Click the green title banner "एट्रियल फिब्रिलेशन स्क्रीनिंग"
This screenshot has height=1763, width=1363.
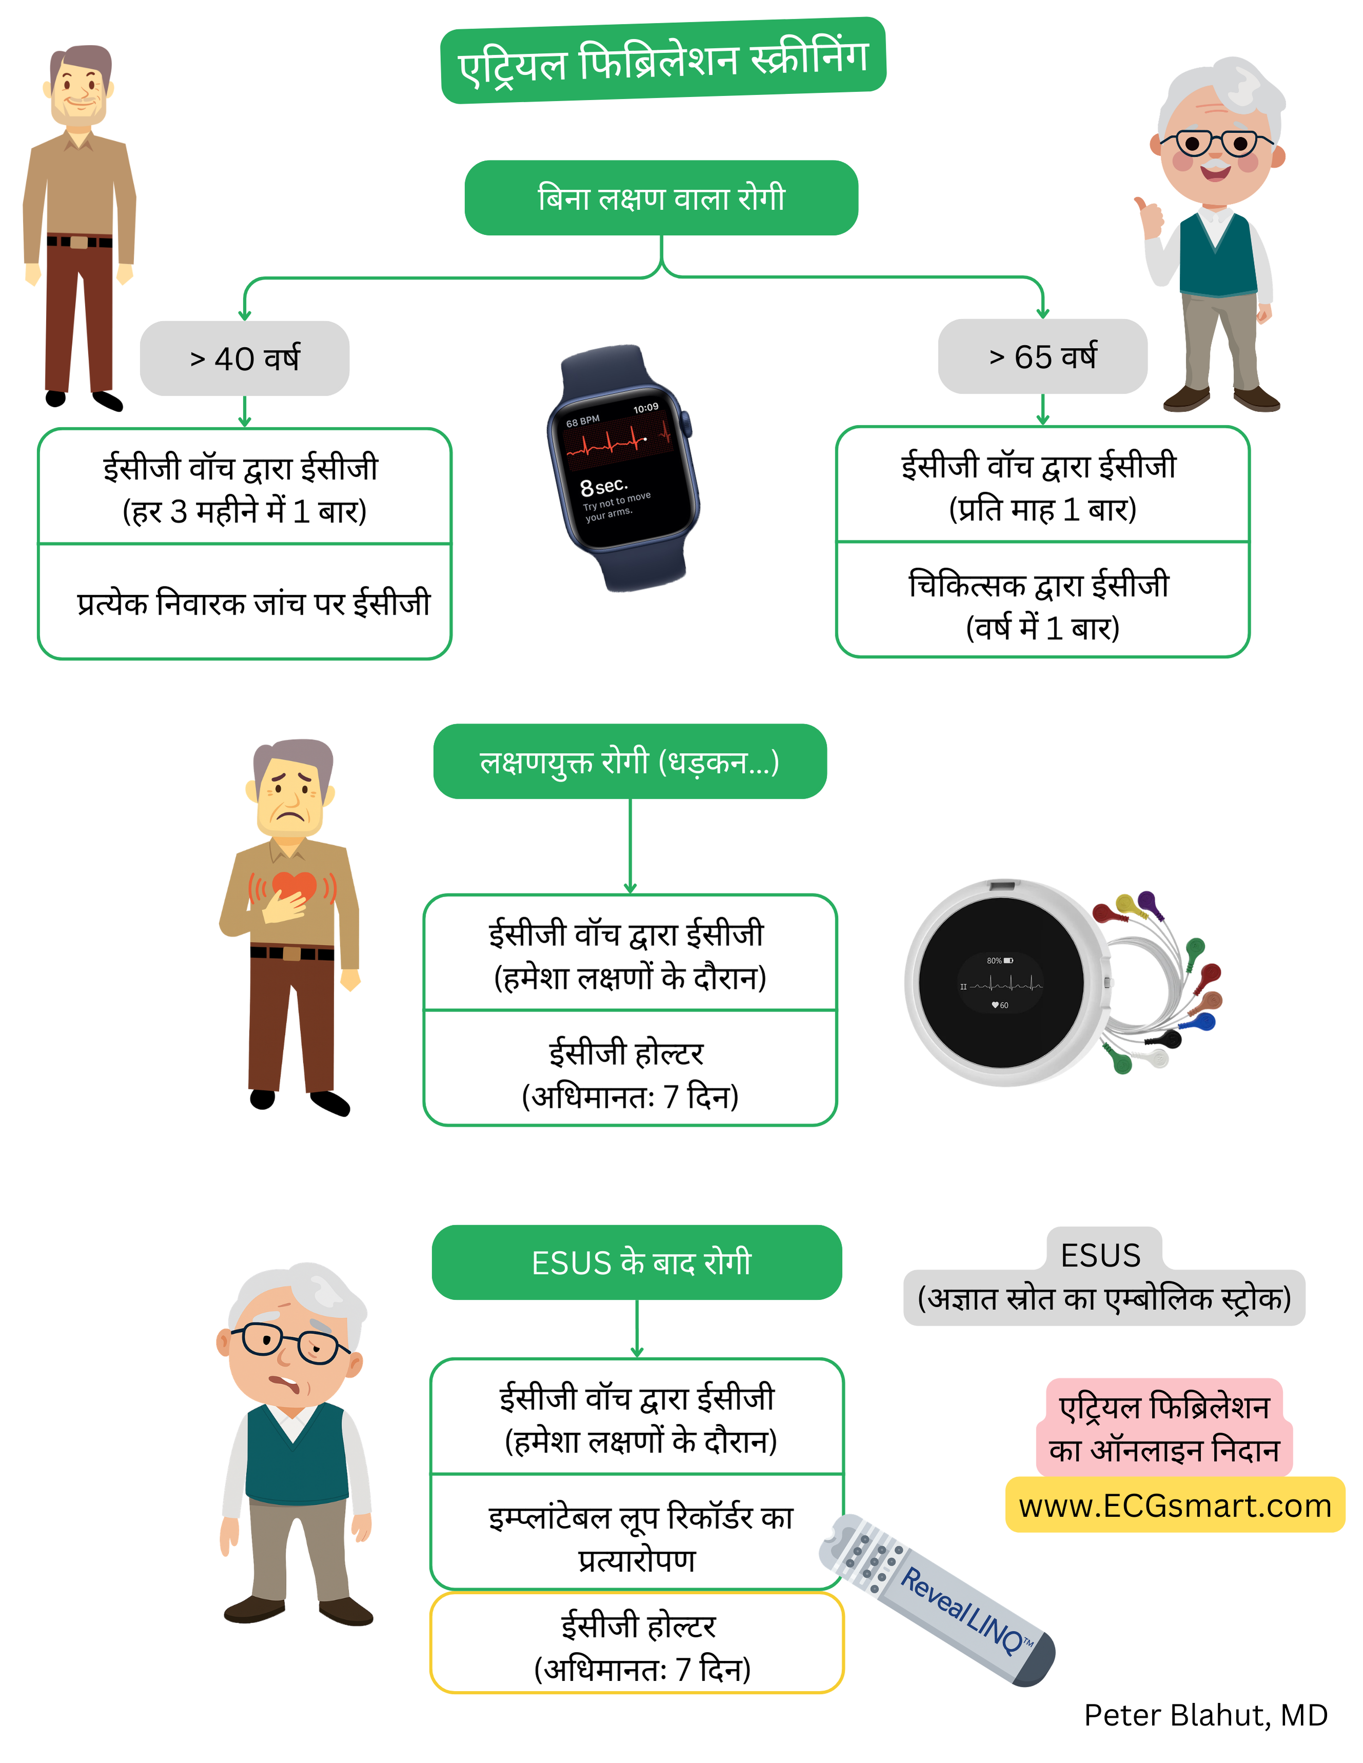[x=663, y=61]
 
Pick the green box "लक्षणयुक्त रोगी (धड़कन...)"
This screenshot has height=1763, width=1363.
[x=630, y=761]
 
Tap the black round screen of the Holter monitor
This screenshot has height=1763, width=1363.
[x=1001, y=982]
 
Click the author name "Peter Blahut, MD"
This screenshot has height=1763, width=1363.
[x=1205, y=1715]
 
